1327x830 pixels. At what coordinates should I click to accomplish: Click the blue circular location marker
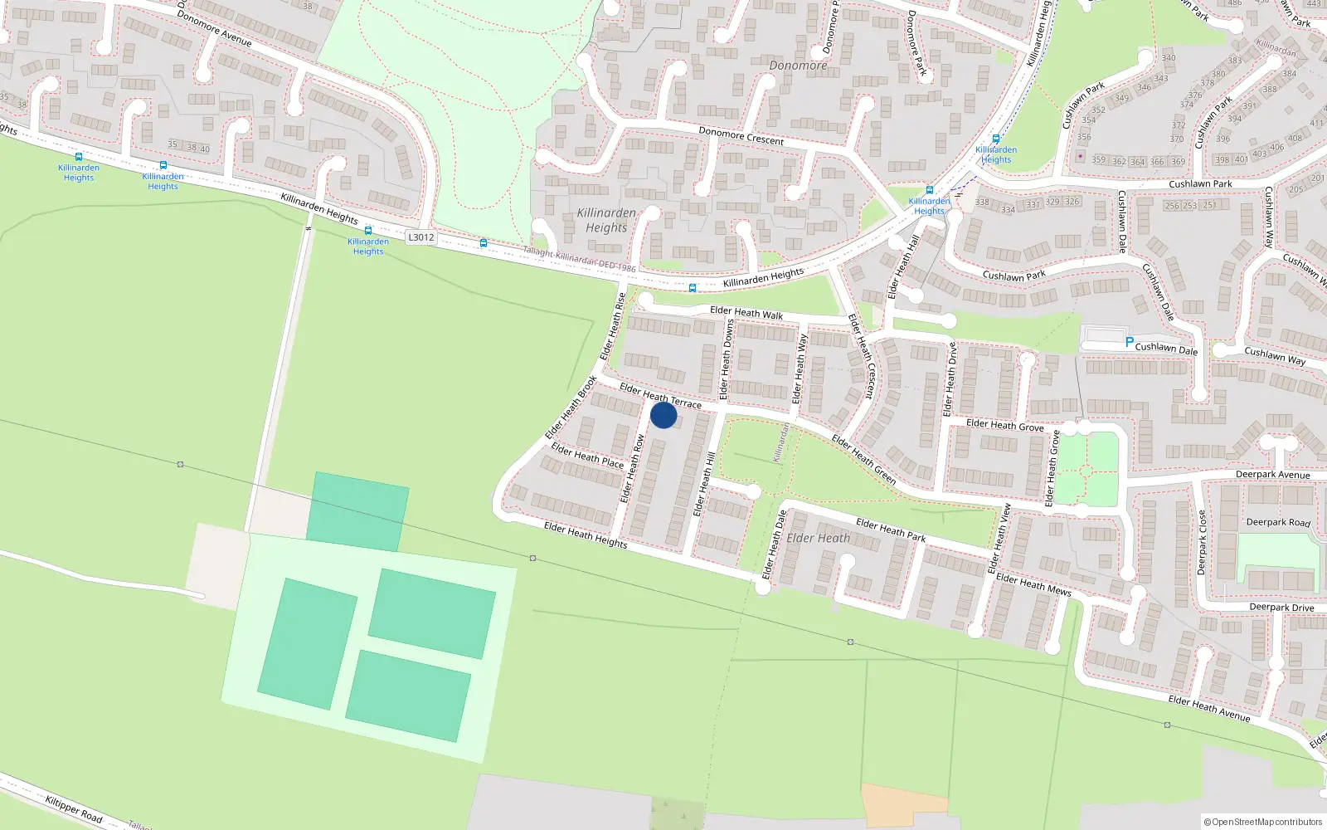(x=663, y=415)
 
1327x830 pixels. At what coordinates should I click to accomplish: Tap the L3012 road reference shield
(x=420, y=237)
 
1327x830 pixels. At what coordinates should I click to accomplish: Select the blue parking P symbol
(x=1129, y=341)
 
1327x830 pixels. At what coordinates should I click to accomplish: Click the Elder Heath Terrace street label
(x=660, y=395)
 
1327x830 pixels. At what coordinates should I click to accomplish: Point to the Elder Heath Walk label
(x=746, y=313)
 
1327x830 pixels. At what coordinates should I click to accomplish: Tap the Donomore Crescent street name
(x=741, y=136)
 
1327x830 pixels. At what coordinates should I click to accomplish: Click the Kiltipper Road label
(x=74, y=809)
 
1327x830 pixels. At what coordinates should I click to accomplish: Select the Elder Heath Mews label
(x=1033, y=584)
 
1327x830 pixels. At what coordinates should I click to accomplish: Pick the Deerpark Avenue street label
(x=1272, y=475)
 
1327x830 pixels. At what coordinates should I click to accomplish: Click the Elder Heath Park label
(x=890, y=530)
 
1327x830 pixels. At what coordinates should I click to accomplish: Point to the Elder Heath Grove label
(x=1004, y=426)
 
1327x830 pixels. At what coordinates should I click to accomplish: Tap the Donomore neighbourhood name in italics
(x=798, y=66)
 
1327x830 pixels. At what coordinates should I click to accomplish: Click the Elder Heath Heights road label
(x=586, y=535)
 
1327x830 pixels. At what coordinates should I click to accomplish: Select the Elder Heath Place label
(x=587, y=456)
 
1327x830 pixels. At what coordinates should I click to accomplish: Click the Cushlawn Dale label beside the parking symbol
(x=1166, y=349)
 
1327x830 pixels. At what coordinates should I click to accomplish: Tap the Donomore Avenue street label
(x=214, y=28)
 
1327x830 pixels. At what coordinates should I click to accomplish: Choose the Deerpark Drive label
(x=1281, y=608)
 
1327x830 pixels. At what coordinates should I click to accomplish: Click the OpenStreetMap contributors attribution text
(x=1263, y=822)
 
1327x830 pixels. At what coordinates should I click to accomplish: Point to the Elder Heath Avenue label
(x=1208, y=709)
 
